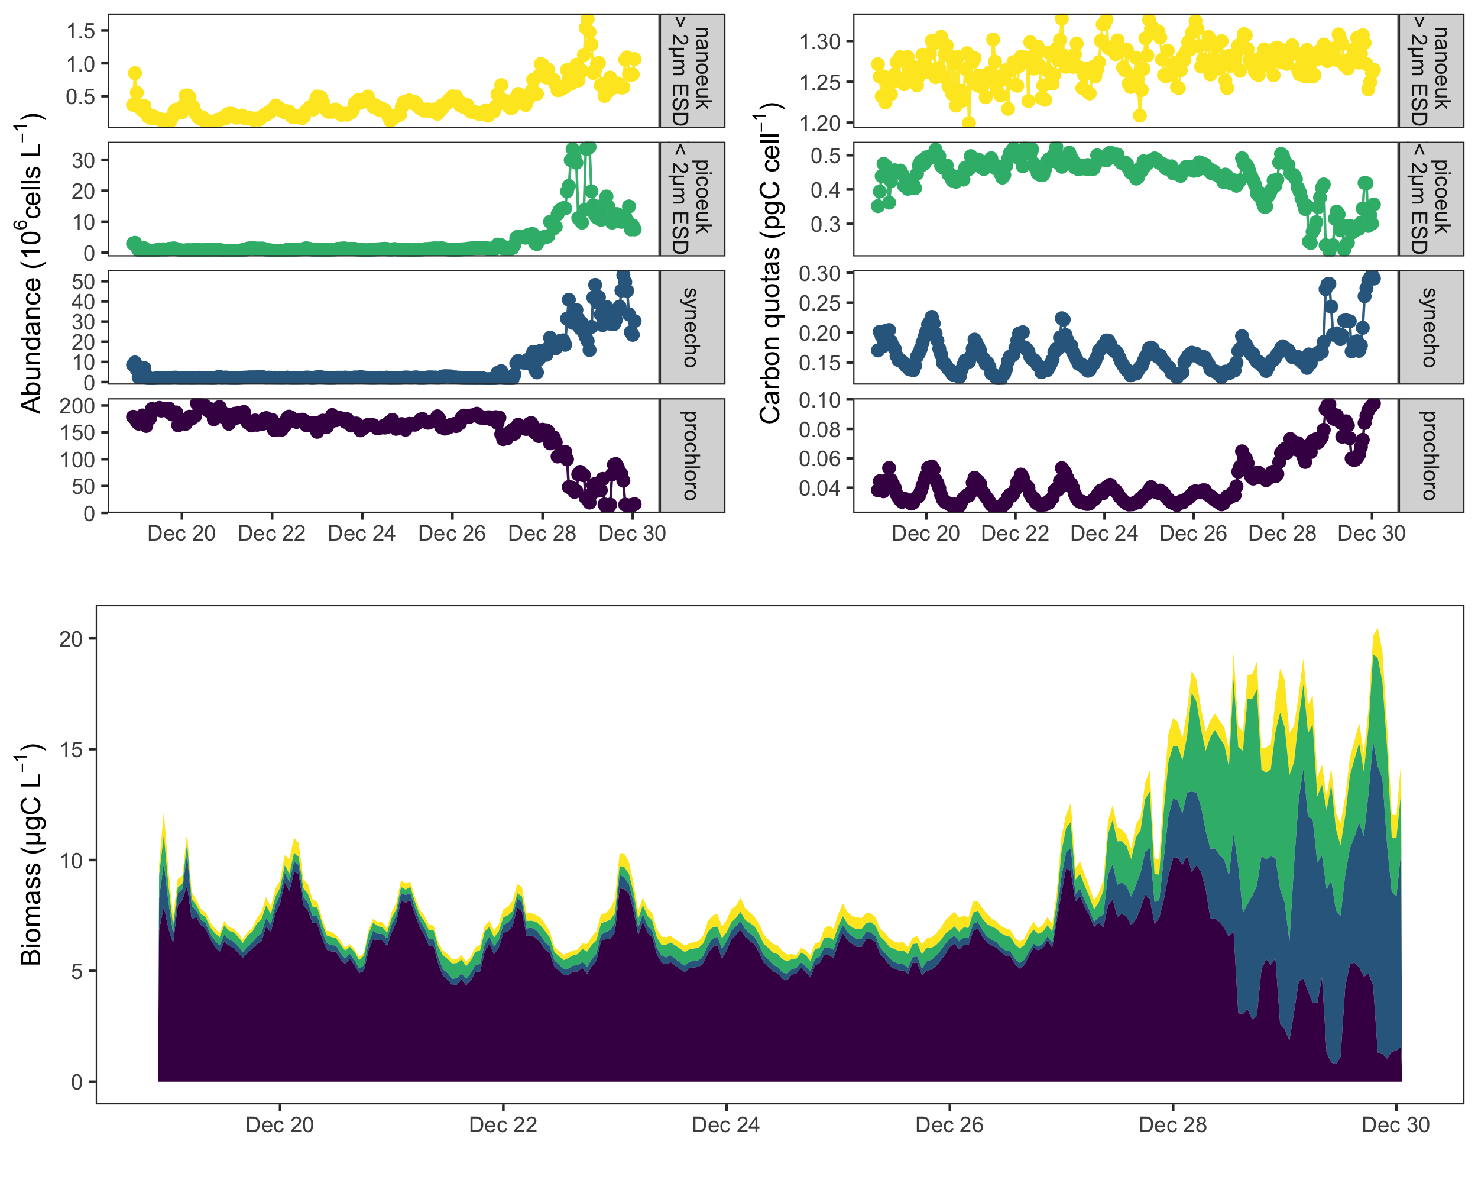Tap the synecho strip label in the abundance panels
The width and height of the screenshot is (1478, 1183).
(692, 327)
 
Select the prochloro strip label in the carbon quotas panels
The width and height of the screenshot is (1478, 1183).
(1430, 455)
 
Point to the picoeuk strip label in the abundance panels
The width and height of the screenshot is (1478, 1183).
(692, 199)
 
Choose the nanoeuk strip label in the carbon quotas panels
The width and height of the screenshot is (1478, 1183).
(1430, 70)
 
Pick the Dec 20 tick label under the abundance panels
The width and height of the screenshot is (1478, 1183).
(181, 534)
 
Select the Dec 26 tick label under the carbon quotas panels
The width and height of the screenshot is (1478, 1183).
(1193, 534)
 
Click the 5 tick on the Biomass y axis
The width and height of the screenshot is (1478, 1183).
(76, 971)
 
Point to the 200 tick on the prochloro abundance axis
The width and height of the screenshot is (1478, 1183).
(77, 406)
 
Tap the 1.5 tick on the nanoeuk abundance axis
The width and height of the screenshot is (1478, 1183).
(81, 31)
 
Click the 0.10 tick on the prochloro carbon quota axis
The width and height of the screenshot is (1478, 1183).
(819, 400)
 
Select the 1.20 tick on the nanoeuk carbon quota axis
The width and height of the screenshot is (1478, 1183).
(819, 124)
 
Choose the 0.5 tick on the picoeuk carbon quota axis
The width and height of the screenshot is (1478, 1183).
(825, 156)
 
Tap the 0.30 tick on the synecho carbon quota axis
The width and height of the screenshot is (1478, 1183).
(819, 274)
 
